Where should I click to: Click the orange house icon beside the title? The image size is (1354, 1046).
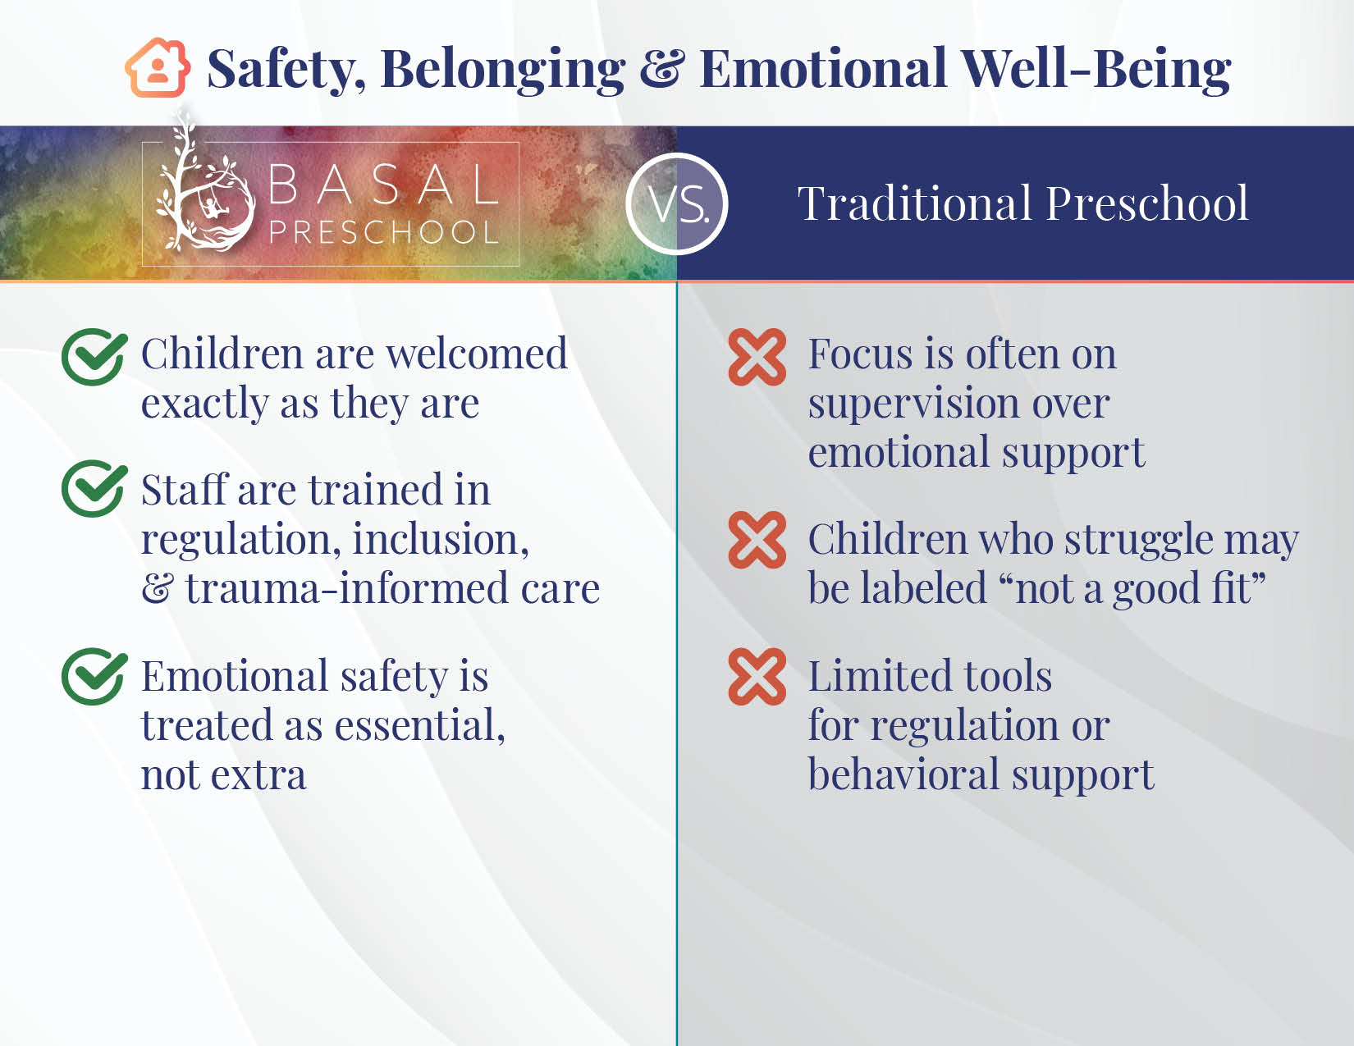[158, 68]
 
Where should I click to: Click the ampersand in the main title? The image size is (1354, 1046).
[662, 68]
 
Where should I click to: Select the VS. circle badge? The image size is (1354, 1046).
[677, 203]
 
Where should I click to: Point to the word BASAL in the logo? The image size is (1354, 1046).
[383, 185]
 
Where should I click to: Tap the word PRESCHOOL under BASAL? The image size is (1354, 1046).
[384, 232]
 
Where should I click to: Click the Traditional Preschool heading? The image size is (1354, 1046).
[1022, 203]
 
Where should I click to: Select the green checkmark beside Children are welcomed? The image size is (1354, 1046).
[94, 356]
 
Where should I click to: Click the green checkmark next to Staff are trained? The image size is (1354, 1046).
[94, 488]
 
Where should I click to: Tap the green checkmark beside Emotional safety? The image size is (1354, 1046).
[94, 676]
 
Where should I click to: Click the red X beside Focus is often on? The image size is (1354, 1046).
[757, 357]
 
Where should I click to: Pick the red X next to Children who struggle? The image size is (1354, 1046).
[757, 540]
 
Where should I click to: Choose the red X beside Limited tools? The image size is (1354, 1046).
[757, 677]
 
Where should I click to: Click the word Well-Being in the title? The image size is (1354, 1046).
[1096, 70]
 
